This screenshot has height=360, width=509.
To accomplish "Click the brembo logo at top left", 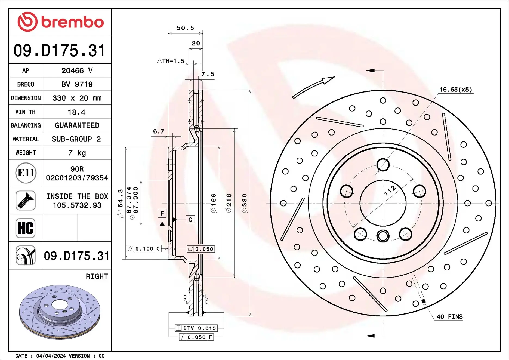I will [x=60, y=22].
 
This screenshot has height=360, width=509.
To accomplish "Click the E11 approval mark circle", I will [x=26, y=173].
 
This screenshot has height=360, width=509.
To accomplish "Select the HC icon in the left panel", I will [x=26, y=228].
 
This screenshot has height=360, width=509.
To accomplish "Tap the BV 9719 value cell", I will [x=77, y=84].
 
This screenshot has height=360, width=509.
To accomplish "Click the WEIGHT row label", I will [x=26, y=153].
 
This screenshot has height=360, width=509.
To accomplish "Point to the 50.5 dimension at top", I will [x=185, y=28].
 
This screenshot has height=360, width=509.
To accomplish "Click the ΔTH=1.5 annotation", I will [x=171, y=61].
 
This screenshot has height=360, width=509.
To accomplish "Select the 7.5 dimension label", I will [x=208, y=74].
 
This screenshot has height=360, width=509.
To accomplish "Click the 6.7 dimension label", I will [x=159, y=131].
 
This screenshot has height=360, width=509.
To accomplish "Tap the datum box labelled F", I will [x=162, y=213].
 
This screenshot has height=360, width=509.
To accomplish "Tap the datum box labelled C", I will [x=190, y=220].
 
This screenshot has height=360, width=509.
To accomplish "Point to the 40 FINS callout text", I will [x=449, y=317].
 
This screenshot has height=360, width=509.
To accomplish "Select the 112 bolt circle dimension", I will [x=390, y=190].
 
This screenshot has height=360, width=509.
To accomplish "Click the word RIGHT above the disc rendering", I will [x=97, y=276].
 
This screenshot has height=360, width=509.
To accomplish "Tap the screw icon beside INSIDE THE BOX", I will [x=26, y=201].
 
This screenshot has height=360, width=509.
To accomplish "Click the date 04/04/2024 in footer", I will [x=51, y=356].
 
